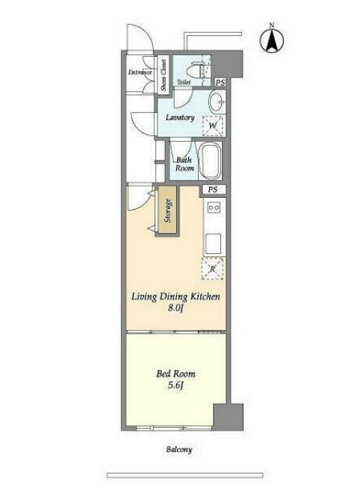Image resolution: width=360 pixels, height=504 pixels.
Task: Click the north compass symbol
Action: click(272, 41)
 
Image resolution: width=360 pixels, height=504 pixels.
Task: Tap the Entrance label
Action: click(140, 72)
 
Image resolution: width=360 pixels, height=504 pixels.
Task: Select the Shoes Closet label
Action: click(164, 75)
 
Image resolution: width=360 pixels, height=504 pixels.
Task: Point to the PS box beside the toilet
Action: click(220, 83)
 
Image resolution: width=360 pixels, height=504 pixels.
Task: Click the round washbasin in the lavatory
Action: click(217, 102)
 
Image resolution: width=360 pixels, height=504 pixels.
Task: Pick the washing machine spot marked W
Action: click(212, 125)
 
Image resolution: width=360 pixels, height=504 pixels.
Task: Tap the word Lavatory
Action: click(180, 118)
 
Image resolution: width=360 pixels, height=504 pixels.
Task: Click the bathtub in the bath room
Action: click(210, 161)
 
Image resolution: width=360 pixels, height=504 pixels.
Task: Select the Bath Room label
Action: click(184, 164)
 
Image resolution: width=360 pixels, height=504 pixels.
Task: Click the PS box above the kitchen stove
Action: click(212, 190)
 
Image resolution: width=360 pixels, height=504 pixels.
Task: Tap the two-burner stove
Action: click(214, 208)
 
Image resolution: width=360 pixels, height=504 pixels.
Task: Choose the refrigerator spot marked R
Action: click(212, 269)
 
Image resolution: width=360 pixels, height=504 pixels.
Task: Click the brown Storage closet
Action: click(167, 211)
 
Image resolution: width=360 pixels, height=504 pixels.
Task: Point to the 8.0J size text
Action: click(176, 308)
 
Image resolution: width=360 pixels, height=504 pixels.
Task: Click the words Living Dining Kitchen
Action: click(176, 296)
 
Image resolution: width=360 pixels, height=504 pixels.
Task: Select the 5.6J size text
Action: click(176, 385)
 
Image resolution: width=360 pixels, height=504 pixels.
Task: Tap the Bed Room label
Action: click(176, 373)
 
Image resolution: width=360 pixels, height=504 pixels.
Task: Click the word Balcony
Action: click(179, 449)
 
